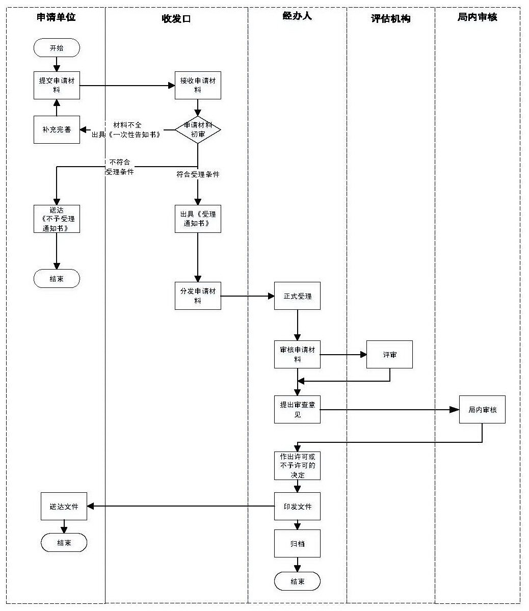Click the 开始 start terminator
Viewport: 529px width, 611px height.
pyautogui.click(x=57, y=48)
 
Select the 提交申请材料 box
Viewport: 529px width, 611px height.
pyautogui.click(x=57, y=85)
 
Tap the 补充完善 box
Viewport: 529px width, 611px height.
pyautogui.click(x=57, y=129)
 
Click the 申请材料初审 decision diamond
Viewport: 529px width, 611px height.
pyautogui.click(x=198, y=129)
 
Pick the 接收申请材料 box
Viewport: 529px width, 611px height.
pyautogui.click(x=198, y=85)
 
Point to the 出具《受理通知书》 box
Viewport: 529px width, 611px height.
pyautogui.click(x=198, y=219)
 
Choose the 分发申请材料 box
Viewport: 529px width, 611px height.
pyautogui.click(x=198, y=296)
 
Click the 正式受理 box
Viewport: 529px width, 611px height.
pyautogui.click(x=297, y=296)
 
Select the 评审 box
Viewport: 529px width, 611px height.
pyautogui.click(x=389, y=355)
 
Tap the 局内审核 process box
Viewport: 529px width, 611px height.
pyautogui.click(x=482, y=410)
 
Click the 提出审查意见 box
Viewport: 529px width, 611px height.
pyautogui.click(x=297, y=410)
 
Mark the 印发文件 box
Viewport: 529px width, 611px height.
pyautogui.click(x=297, y=506)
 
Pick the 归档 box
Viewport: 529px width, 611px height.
pyautogui.click(x=297, y=543)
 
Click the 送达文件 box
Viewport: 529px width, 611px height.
pyautogui.click(x=64, y=506)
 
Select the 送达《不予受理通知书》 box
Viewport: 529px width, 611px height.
pyautogui.click(x=57, y=219)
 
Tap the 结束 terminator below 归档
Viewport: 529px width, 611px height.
pyautogui.click(x=297, y=581)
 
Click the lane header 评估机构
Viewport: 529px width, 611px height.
pyautogui.click(x=390, y=18)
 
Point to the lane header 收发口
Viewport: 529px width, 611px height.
pyautogui.click(x=176, y=18)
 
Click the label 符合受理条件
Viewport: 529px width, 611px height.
pyautogui.click(x=198, y=174)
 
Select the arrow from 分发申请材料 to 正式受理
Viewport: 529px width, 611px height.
pyautogui.click(x=248, y=296)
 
